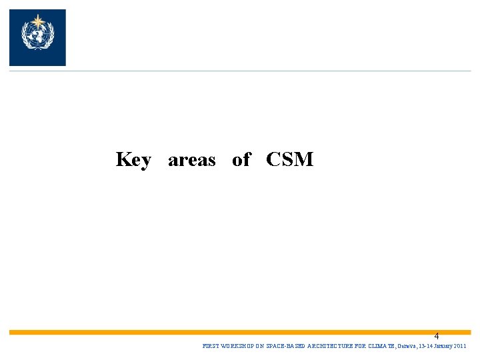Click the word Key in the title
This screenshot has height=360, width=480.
pyautogui.click(x=133, y=160)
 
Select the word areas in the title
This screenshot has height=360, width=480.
pyautogui.click(x=192, y=160)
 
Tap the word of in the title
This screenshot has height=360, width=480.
pyautogui.click(x=241, y=159)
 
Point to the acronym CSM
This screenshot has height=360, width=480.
pyautogui.click(x=289, y=160)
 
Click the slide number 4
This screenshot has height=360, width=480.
pyautogui.click(x=437, y=337)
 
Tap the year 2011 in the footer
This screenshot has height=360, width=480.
pyautogui.click(x=460, y=347)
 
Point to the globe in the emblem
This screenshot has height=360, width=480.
pyautogui.click(x=37, y=34)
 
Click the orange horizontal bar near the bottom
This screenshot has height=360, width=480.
pyautogui.click(x=240, y=331)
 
